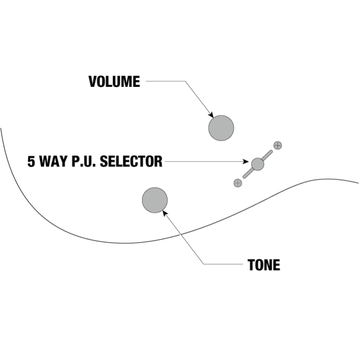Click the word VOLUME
(x=114, y=82)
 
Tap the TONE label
(x=264, y=265)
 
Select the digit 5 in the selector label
(x=31, y=161)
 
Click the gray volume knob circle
(x=221, y=128)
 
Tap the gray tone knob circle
(x=155, y=200)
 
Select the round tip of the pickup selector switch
(x=258, y=164)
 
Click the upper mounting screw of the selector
(x=278, y=145)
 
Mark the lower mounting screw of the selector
(x=238, y=183)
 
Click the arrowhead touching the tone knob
(x=165, y=211)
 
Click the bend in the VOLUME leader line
(x=184, y=81)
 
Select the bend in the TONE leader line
(x=204, y=264)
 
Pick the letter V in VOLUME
(x=93, y=82)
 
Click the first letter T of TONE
(x=251, y=265)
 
